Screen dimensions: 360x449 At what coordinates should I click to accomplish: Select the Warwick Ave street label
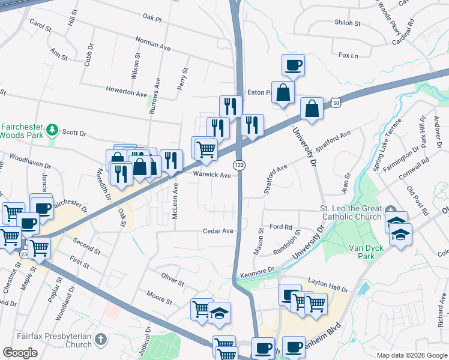click(212, 175)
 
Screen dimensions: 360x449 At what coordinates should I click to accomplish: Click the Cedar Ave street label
click(217, 231)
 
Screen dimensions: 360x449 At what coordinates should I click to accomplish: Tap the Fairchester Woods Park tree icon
click(53, 130)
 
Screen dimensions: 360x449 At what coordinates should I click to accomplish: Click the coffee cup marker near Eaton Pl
click(293, 65)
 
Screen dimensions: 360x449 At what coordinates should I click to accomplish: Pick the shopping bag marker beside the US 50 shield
click(312, 109)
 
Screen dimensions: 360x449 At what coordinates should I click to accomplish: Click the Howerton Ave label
click(126, 95)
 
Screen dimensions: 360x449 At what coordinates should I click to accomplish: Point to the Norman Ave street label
click(154, 44)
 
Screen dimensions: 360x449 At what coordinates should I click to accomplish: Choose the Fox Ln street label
click(348, 56)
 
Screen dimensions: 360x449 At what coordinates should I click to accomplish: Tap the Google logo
click(20, 353)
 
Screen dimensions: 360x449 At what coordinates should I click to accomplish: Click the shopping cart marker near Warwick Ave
click(205, 148)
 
